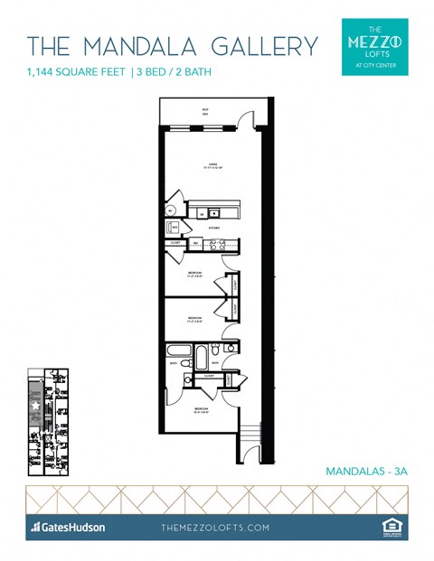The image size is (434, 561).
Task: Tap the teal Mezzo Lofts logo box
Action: click(375, 46)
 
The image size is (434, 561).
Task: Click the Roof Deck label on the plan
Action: click(205, 113)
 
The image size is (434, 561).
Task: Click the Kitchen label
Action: click(214, 228)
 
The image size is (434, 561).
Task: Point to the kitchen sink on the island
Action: click(213, 213)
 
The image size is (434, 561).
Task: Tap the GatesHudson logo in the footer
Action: click(68, 527)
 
